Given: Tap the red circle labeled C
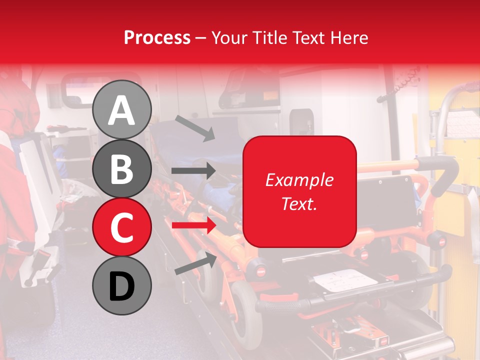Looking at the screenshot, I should [x=121, y=227].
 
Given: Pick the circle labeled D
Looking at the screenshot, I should [x=121, y=286].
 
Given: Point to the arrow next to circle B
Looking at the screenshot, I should [x=193, y=171].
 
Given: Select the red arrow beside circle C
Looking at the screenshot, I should [x=193, y=225].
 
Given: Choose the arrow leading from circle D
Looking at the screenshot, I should [x=195, y=263].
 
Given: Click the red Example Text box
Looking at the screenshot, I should [x=299, y=191].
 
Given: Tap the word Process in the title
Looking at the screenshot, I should [x=157, y=37].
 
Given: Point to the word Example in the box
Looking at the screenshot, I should [x=299, y=180].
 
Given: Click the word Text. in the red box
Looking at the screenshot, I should [x=299, y=203].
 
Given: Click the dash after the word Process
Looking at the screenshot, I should [x=201, y=38].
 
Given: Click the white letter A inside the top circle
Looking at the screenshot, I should [x=121, y=110].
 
